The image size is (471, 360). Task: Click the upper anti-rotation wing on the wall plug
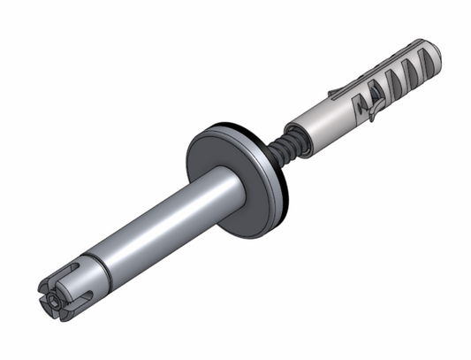tap(334, 91)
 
